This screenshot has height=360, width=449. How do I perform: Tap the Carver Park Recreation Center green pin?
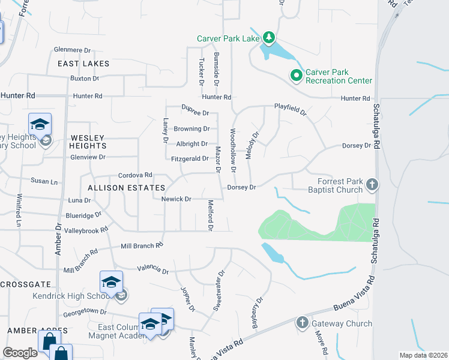tap(295, 76)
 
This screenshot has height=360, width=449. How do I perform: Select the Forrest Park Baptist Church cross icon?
tap(372, 185)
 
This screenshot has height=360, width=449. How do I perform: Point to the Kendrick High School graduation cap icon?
tap(112, 283)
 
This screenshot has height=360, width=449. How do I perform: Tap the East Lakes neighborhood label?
tap(83, 64)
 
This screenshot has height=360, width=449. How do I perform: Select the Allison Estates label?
tap(118, 188)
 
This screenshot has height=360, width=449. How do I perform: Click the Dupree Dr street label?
tap(195, 113)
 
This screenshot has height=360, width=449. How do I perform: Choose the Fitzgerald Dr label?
tap(190, 159)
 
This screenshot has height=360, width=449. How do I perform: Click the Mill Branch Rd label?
tap(142, 245)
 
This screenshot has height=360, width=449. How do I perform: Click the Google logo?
tap(20, 353)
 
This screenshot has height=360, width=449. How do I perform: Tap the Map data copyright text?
tap(423, 355)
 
